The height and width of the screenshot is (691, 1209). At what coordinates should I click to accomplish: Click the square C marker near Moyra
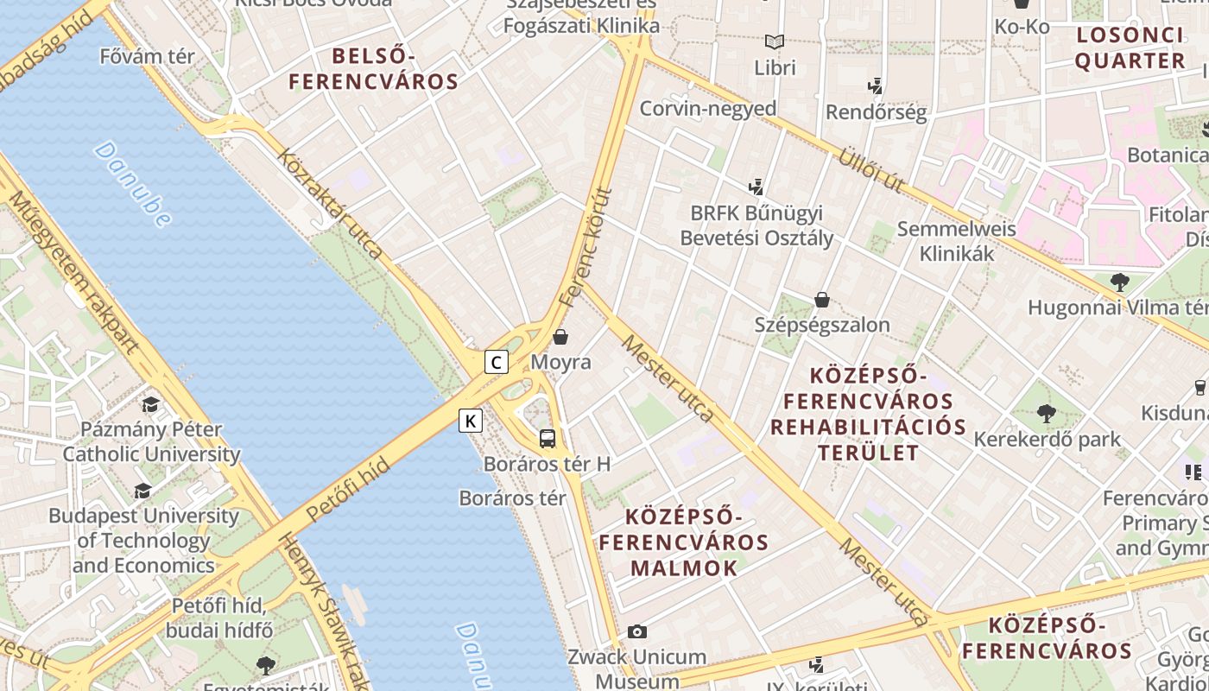(496, 361)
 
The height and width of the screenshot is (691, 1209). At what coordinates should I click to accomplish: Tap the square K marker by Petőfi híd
(470, 421)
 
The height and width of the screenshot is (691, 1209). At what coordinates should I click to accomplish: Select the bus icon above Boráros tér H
(548, 438)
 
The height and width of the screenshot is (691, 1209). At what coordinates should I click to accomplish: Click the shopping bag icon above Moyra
(560, 336)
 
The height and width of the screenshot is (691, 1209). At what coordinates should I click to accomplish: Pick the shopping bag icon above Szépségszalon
(822, 300)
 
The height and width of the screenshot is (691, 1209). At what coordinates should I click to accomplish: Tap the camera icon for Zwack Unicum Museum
(637, 631)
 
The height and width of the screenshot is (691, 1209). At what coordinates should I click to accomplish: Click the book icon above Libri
(775, 41)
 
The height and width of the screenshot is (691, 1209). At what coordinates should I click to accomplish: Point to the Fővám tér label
(148, 56)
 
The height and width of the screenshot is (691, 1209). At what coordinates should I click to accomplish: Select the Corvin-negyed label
(707, 109)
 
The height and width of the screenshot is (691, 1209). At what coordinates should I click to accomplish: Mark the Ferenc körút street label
(586, 247)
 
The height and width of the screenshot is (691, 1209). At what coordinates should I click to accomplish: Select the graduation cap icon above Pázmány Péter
(150, 404)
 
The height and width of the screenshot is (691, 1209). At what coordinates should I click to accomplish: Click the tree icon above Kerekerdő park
(1047, 414)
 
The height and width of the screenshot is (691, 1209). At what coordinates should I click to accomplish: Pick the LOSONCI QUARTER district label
(1130, 48)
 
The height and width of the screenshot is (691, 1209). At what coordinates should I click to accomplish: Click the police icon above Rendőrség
(876, 86)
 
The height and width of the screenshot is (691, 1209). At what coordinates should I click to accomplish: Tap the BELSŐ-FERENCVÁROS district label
(373, 69)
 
